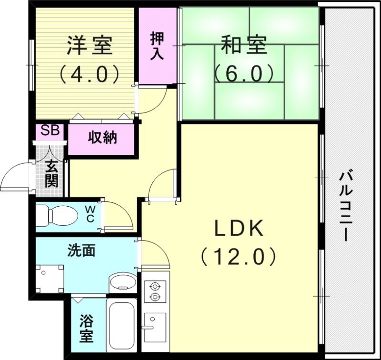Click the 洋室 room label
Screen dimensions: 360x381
point(89,46)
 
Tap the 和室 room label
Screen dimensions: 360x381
point(243,46)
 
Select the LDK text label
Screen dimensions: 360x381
point(238,230)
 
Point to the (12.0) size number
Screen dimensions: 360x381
point(238,258)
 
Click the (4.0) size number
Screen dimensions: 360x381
point(89,73)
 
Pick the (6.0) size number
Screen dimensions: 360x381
point(243,73)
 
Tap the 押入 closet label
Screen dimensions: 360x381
point(157,46)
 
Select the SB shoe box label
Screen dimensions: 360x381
point(50,130)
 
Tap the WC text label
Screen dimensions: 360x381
point(90,213)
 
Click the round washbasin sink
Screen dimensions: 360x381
point(122,283)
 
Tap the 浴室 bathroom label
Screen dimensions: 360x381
point(86,328)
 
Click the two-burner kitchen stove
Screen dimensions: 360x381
point(155,291)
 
